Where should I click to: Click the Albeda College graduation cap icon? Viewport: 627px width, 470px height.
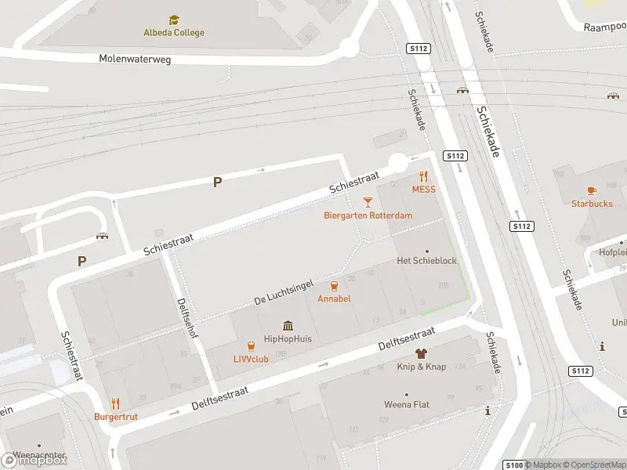tap(173, 20)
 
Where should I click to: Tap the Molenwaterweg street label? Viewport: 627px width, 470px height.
tap(135, 59)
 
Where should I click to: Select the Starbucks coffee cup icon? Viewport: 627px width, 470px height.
tap(592, 190)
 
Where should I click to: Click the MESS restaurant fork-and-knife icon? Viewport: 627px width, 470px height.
tap(424, 176)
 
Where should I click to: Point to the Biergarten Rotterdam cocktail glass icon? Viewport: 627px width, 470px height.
tap(368, 202)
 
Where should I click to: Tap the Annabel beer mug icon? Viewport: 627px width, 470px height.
tap(334, 286)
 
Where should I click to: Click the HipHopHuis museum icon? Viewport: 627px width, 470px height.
tap(288, 326)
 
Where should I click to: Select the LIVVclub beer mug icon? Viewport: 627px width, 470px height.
tap(251, 345)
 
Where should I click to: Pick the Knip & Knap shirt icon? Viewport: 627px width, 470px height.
tap(421, 354)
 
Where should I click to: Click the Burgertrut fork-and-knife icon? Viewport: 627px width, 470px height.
tap(116, 404)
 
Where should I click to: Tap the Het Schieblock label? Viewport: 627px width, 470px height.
tap(426, 260)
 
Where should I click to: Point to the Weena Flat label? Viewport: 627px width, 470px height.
tap(406, 405)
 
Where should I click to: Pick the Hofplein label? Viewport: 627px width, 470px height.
tap(613, 252)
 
